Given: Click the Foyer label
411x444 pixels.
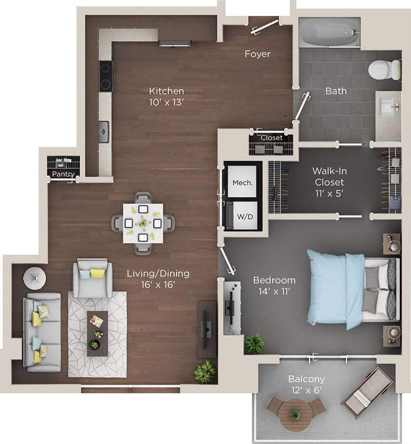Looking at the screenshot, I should coord(257,54).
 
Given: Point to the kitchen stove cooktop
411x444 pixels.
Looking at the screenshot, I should coord(106,76).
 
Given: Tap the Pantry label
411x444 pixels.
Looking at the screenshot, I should coord(64,174).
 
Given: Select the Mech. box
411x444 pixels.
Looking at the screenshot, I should coord(242,183).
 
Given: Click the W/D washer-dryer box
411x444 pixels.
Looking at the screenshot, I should coord(242,216).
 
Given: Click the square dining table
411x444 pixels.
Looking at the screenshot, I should coord(142,223).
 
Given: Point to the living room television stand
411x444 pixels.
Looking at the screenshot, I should coord(207,329).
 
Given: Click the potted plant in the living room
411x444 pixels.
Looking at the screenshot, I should coord(205,372).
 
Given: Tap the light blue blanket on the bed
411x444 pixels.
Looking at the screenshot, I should coord(336,290).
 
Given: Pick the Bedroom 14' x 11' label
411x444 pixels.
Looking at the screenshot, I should coord(274,286).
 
